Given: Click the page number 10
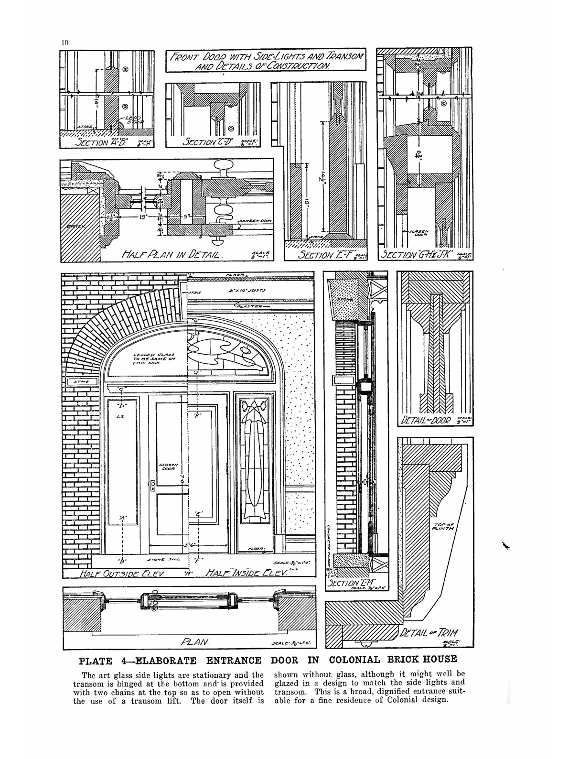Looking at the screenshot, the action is point(65,42).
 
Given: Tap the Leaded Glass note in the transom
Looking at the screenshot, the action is point(143,358).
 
